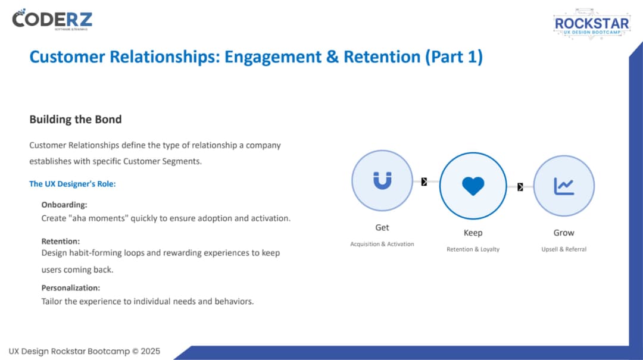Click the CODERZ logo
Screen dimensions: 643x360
(x=52, y=19)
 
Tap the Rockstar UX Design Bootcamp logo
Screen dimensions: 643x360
(x=592, y=24)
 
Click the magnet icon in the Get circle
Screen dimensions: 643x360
(x=382, y=180)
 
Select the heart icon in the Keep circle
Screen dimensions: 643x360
(x=473, y=186)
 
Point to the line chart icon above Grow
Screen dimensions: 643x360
(x=564, y=186)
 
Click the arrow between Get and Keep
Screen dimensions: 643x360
(x=424, y=181)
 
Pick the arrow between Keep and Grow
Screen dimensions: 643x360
(x=520, y=187)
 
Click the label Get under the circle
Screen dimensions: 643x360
(x=382, y=227)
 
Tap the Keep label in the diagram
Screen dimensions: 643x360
(x=473, y=233)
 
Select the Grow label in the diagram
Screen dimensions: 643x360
(x=564, y=233)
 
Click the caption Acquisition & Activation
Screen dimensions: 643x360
(x=382, y=244)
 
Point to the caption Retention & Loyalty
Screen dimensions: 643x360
(x=473, y=249)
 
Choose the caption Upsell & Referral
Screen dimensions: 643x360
(x=564, y=249)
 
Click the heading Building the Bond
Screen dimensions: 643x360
(x=76, y=120)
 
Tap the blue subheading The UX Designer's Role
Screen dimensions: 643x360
(x=73, y=184)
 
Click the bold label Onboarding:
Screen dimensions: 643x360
(x=64, y=205)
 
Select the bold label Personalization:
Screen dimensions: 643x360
(x=70, y=288)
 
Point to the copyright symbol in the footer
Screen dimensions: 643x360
(x=135, y=352)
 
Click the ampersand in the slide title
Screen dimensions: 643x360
(x=332, y=57)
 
